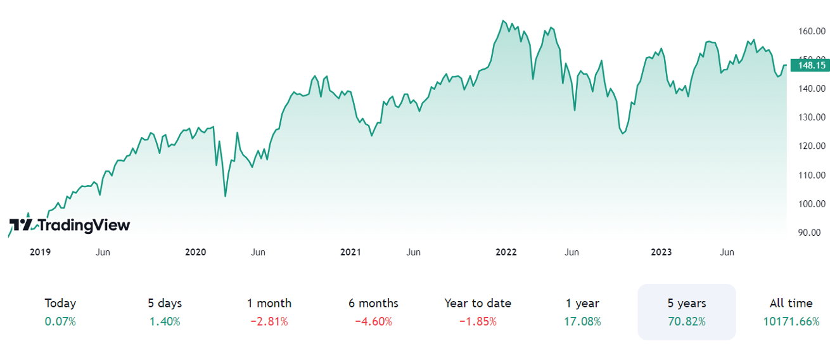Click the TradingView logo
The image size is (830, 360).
click(x=69, y=225)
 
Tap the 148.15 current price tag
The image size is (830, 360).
click(x=812, y=65)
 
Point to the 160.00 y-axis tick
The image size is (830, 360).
click(x=812, y=30)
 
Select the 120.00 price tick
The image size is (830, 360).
click(x=812, y=146)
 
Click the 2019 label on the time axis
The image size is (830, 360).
click(x=41, y=252)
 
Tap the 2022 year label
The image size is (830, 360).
click(x=506, y=252)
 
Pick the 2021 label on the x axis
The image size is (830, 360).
click(x=350, y=252)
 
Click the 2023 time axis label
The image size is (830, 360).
click(x=661, y=252)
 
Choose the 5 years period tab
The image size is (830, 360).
click(x=687, y=304)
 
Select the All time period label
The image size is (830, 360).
click(x=791, y=304)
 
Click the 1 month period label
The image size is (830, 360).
click(x=269, y=304)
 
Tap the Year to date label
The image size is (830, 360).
click(x=478, y=304)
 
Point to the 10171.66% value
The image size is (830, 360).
click(x=791, y=321)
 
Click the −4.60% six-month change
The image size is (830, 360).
click(x=373, y=321)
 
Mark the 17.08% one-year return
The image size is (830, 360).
click(x=582, y=321)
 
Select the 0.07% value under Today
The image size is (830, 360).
click(x=60, y=321)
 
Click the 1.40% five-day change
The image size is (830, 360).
click(x=165, y=321)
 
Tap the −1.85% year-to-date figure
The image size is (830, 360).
click(x=478, y=321)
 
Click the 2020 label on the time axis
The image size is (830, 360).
click(x=196, y=252)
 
